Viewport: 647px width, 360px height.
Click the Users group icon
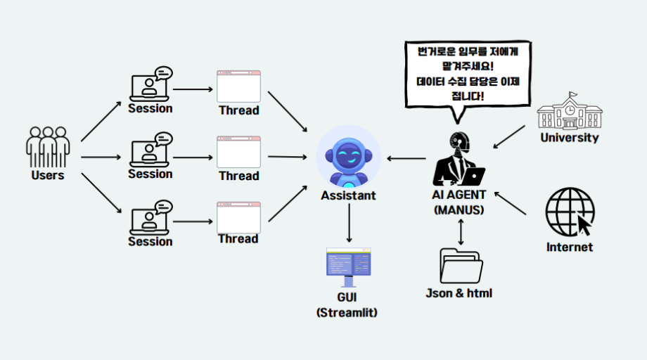(48, 146)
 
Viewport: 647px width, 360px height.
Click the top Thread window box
(238, 86)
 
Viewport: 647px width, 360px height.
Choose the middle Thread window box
(238, 152)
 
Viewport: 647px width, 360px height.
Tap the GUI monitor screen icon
(349, 266)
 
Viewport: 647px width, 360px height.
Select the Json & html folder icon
(461, 265)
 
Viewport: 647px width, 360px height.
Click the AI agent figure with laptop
(459, 159)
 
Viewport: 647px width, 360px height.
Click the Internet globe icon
(570, 211)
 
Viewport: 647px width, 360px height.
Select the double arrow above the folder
(461, 232)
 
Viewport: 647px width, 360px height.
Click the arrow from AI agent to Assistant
(406, 158)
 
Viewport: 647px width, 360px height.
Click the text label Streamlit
(347, 312)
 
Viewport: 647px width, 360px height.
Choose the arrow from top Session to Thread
(193, 89)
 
